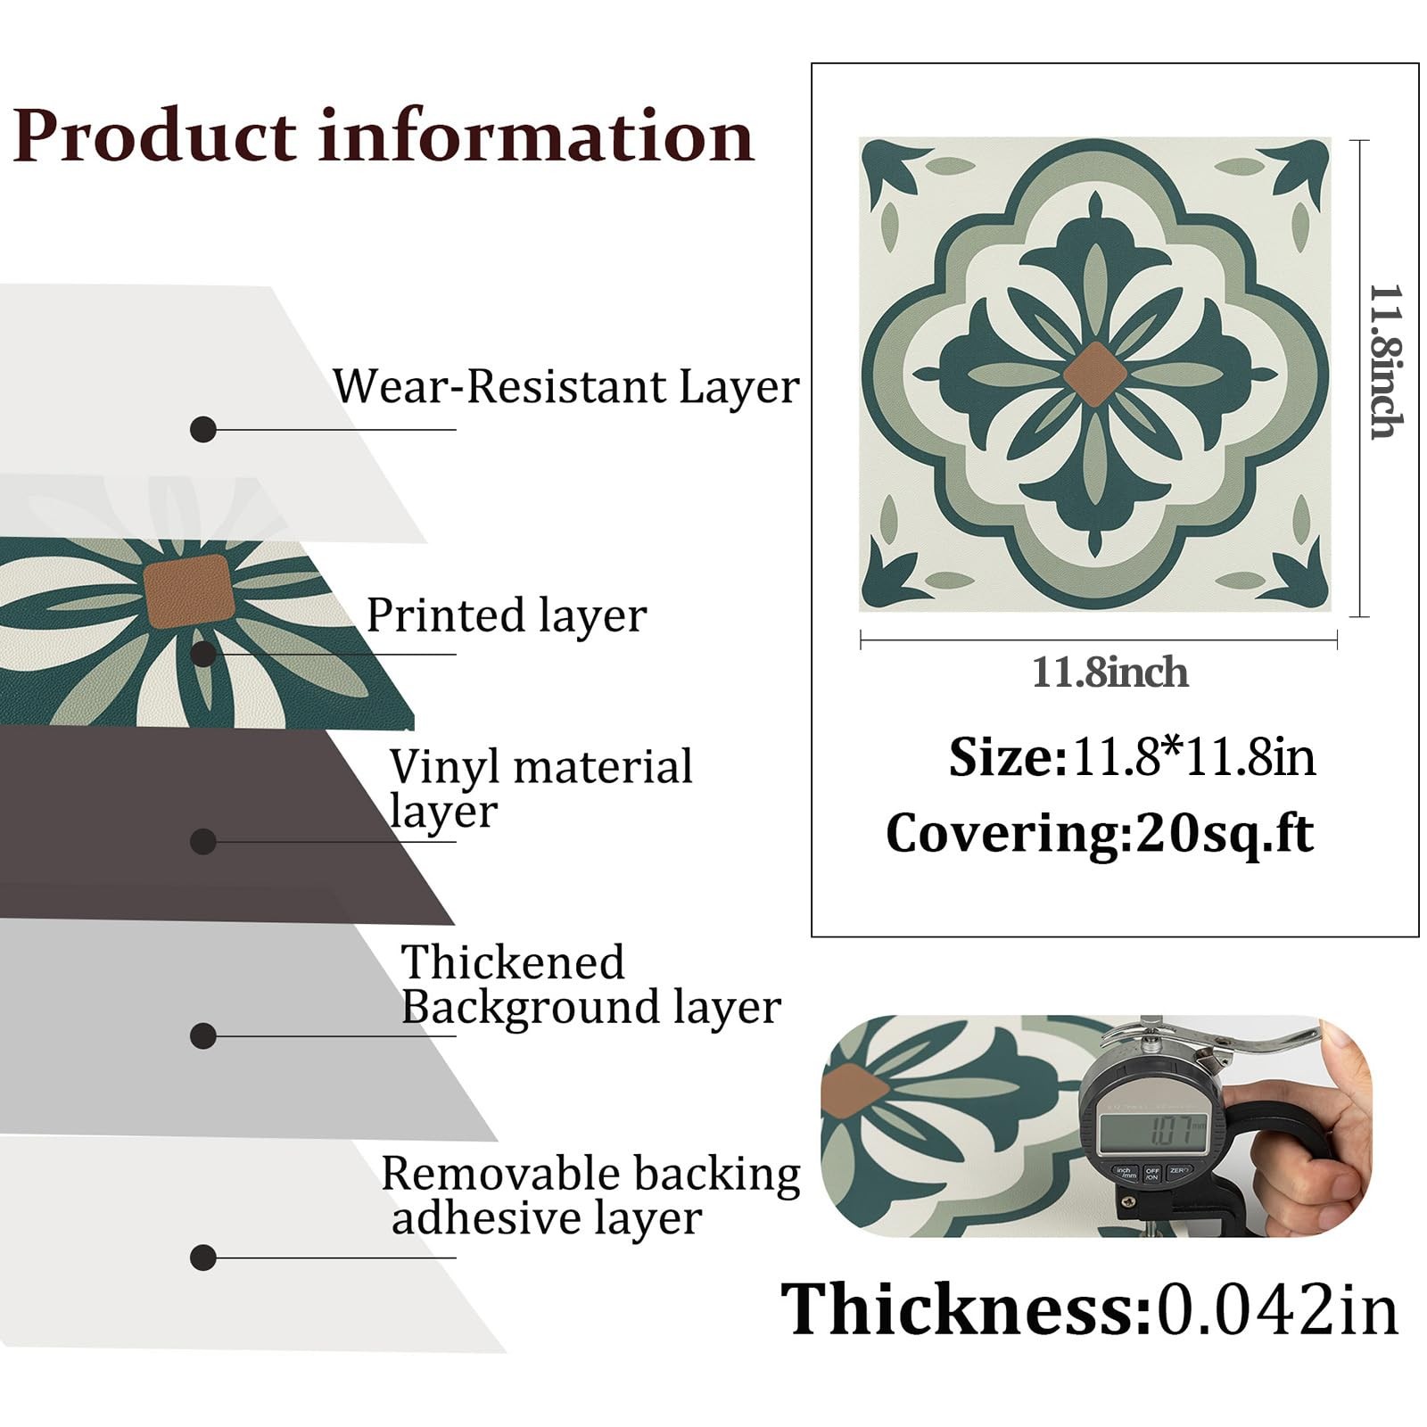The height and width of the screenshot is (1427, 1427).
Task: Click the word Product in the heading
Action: (153, 136)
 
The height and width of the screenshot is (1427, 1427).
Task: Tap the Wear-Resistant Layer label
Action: (565, 387)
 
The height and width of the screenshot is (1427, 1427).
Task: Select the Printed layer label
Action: (507, 615)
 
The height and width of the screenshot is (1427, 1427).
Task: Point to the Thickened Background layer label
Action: (590, 986)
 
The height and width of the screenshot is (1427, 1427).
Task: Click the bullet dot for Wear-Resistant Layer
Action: (203, 429)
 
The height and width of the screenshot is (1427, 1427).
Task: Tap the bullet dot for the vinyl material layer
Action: (203, 841)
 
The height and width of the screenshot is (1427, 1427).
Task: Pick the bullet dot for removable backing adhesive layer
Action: (203, 1258)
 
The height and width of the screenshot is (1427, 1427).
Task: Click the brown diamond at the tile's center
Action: (1095, 375)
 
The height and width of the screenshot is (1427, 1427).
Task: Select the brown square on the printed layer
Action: (188, 590)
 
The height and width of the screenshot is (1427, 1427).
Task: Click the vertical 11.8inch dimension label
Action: (1386, 362)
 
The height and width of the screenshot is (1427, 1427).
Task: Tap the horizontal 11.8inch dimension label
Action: (1109, 672)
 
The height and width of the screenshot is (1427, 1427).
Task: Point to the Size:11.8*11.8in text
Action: (1132, 757)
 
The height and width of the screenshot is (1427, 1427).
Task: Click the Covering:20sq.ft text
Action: (1099, 834)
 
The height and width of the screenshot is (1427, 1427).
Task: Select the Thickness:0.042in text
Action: (1089, 1309)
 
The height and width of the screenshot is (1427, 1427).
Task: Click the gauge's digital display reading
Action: (1153, 1134)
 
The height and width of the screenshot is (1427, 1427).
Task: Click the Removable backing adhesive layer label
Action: (590, 1196)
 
